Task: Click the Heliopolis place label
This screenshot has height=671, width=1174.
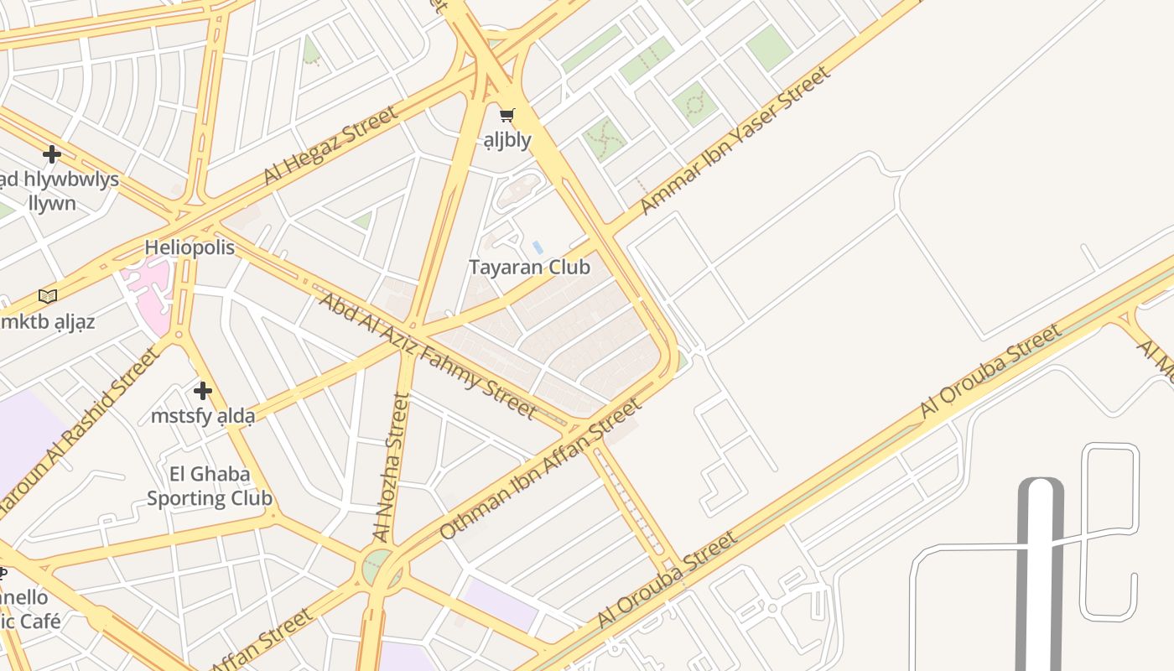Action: click(x=190, y=247)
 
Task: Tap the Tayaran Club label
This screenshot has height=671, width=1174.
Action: click(x=529, y=268)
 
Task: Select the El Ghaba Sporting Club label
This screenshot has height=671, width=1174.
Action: click(x=210, y=486)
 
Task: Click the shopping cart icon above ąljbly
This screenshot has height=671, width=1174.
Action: click(x=507, y=116)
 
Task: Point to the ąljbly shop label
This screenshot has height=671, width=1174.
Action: click(x=507, y=139)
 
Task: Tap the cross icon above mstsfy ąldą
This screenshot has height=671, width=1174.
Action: click(x=203, y=391)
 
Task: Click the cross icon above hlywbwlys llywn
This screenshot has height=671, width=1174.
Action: click(x=52, y=154)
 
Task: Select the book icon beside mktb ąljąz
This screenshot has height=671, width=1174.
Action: click(x=48, y=296)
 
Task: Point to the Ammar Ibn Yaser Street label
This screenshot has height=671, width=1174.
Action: click(x=735, y=140)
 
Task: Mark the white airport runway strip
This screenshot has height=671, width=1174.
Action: click(x=1040, y=579)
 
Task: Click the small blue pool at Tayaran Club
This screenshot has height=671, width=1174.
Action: click(x=538, y=247)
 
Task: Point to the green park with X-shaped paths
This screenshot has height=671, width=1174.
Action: click(x=602, y=137)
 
